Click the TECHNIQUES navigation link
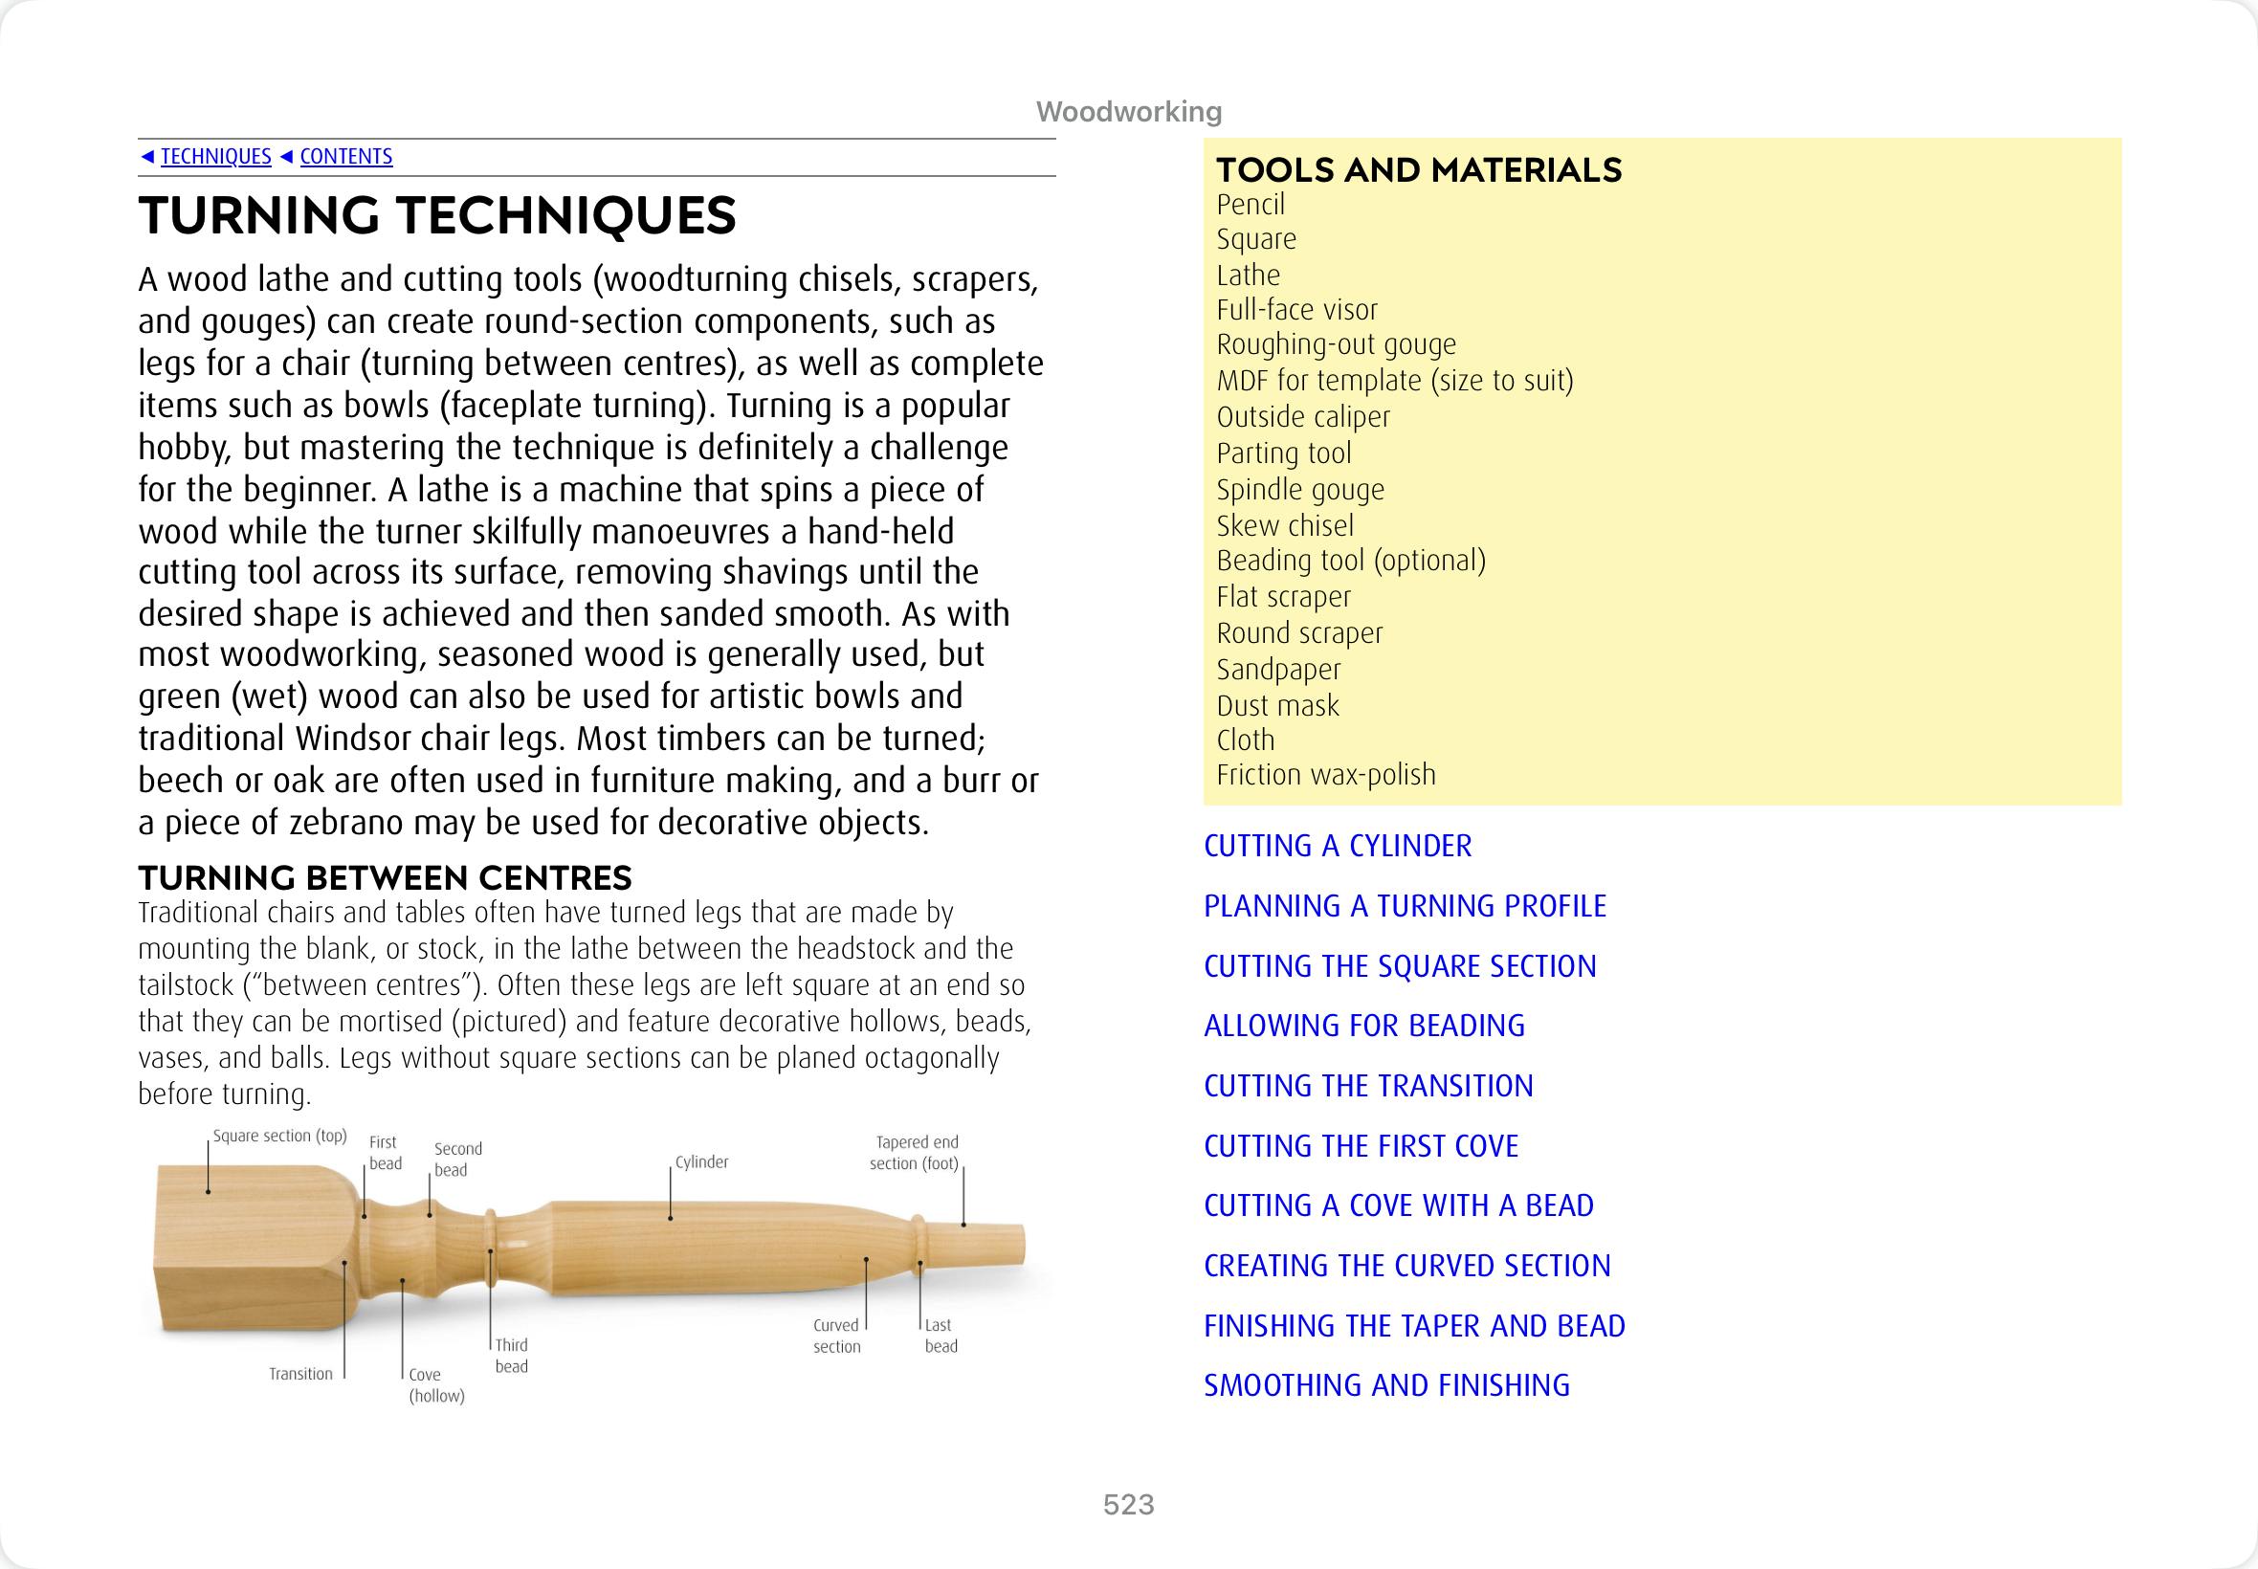click(215, 156)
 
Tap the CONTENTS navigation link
click(346, 156)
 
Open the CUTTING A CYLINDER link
click(1337, 846)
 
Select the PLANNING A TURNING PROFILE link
click(1405, 905)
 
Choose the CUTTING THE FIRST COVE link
click(1361, 1145)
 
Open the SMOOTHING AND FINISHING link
click(1386, 1385)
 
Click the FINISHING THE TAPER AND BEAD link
click(1413, 1325)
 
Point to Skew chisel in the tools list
click(1285, 525)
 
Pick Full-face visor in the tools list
click(1296, 310)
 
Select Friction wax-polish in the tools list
click(1325, 775)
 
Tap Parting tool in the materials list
click(1283, 453)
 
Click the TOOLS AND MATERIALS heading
click(1419, 170)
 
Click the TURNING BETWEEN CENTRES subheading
click(385, 877)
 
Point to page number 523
click(1128, 1504)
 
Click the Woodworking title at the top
click(1128, 112)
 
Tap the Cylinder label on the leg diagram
click(702, 1162)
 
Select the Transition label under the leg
click(300, 1374)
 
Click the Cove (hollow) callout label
click(435, 1385)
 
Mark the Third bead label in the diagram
click(511, 1356)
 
